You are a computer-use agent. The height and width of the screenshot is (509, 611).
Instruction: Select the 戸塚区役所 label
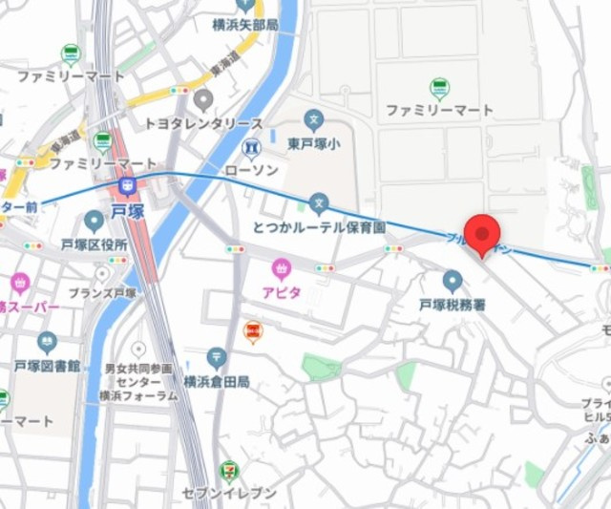94,245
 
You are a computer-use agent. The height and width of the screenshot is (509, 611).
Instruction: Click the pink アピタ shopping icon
281,268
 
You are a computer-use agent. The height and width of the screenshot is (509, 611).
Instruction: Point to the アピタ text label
282,292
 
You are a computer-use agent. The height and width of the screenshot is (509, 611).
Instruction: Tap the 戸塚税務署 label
453,306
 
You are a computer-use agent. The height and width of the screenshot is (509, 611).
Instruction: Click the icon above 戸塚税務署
453,282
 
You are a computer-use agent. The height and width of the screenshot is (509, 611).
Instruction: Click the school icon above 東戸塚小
313,119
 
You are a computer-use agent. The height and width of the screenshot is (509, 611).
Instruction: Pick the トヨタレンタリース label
203,124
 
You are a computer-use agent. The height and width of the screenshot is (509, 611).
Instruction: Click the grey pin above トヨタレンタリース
202,98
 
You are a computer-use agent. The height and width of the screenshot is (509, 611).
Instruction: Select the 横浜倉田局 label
217,382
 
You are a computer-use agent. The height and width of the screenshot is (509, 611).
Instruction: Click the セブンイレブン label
230,494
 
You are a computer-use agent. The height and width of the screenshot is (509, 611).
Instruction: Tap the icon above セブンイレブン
230,471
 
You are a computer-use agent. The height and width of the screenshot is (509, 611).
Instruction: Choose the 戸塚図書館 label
47,366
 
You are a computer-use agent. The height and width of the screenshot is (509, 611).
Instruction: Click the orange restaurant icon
253,331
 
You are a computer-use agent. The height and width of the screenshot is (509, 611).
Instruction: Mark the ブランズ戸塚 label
102,293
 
